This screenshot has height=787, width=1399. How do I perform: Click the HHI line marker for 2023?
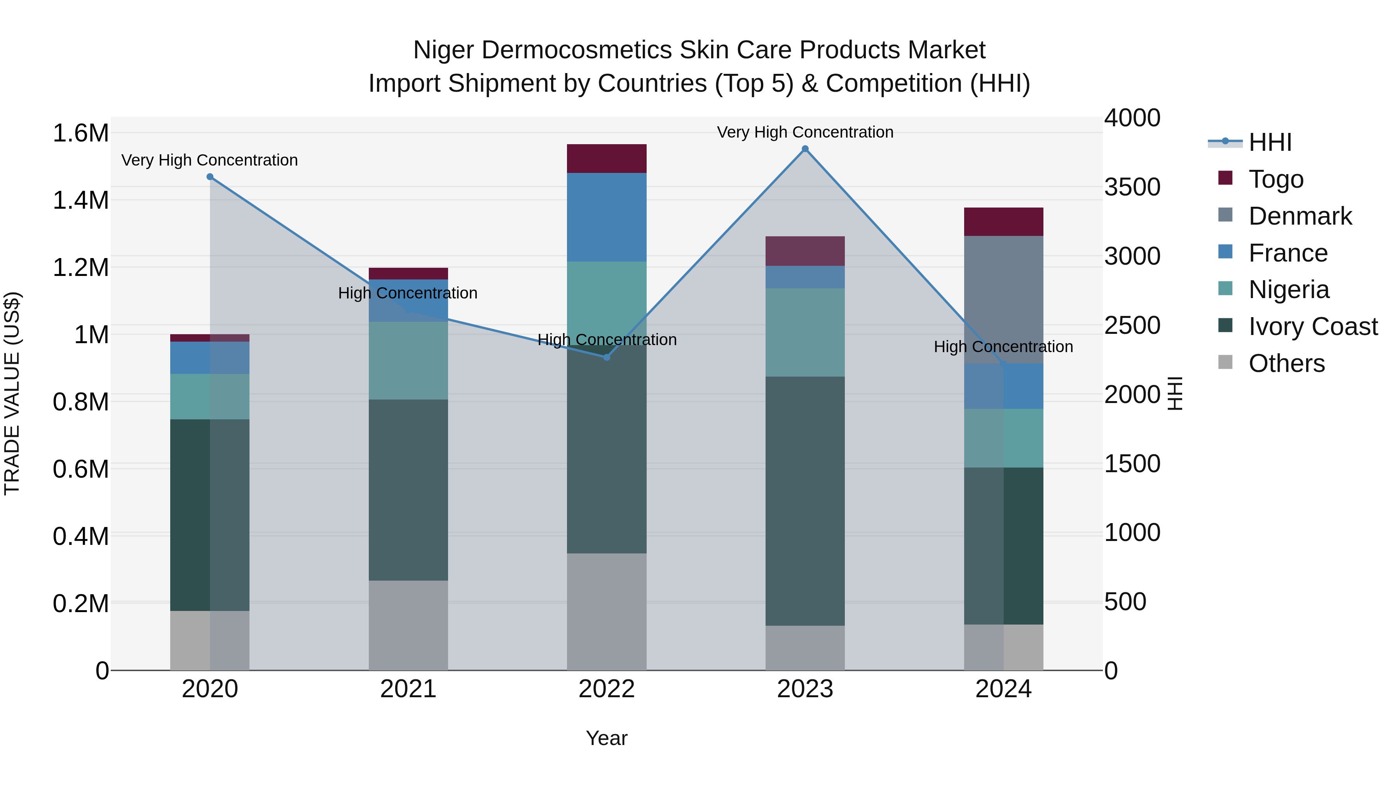(805, 149)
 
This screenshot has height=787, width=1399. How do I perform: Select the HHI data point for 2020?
(210, 176)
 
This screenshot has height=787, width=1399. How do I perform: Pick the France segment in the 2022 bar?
(607, 217)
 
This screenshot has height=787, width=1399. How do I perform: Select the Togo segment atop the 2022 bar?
(607, 159)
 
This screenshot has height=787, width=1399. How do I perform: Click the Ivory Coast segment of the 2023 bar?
(805, 500)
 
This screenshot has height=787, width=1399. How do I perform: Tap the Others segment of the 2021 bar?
(408, 625)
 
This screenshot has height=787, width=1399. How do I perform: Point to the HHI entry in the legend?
(1270, 142)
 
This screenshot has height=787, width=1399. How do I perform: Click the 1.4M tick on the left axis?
(80, 200)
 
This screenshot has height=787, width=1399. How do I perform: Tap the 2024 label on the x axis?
(1003, 689)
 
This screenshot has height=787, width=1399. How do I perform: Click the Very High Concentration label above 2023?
(805, 132)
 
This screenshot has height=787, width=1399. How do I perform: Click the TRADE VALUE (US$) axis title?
(12, 393)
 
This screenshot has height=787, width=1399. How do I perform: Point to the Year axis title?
(607, 738)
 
